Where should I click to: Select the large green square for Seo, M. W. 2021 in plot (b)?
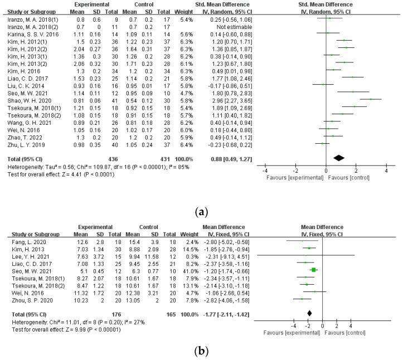(314, 270)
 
